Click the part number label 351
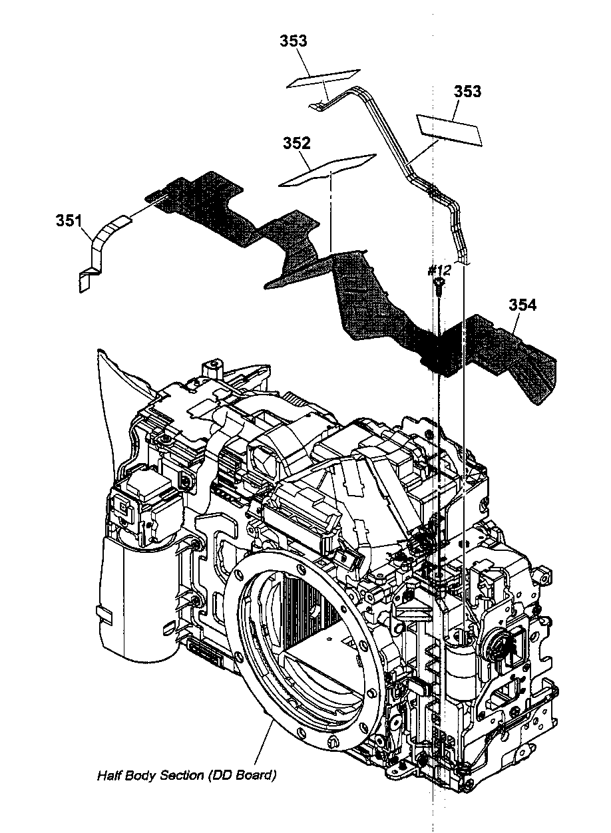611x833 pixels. tap(69, 220)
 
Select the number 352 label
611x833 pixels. tap(296, 143)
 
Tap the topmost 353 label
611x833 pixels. tap(293, 41)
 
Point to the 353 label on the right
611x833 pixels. tap(467, 92)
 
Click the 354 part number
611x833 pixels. tap(522, 305)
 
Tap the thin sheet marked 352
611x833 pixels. tap(326, 171)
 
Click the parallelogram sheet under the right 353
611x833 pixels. tap(449, 128)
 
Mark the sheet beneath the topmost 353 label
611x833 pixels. tap(323, 78)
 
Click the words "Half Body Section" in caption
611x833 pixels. tap(150, 775)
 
